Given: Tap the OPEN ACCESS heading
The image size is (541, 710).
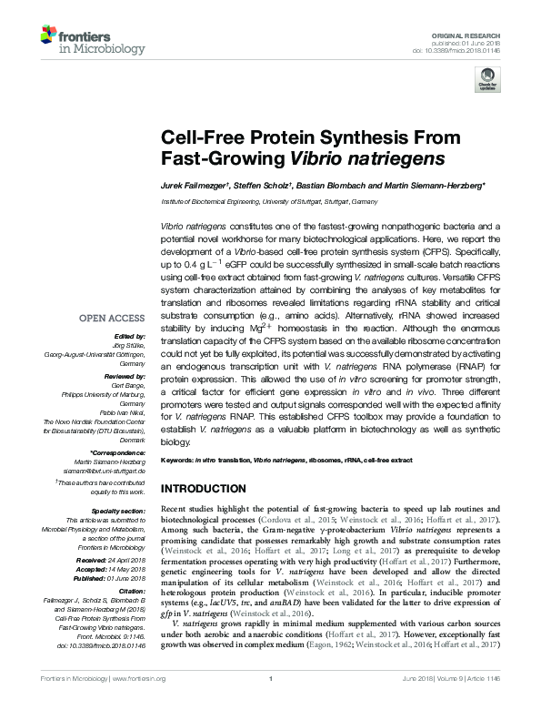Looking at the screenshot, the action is tap(113, 318).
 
